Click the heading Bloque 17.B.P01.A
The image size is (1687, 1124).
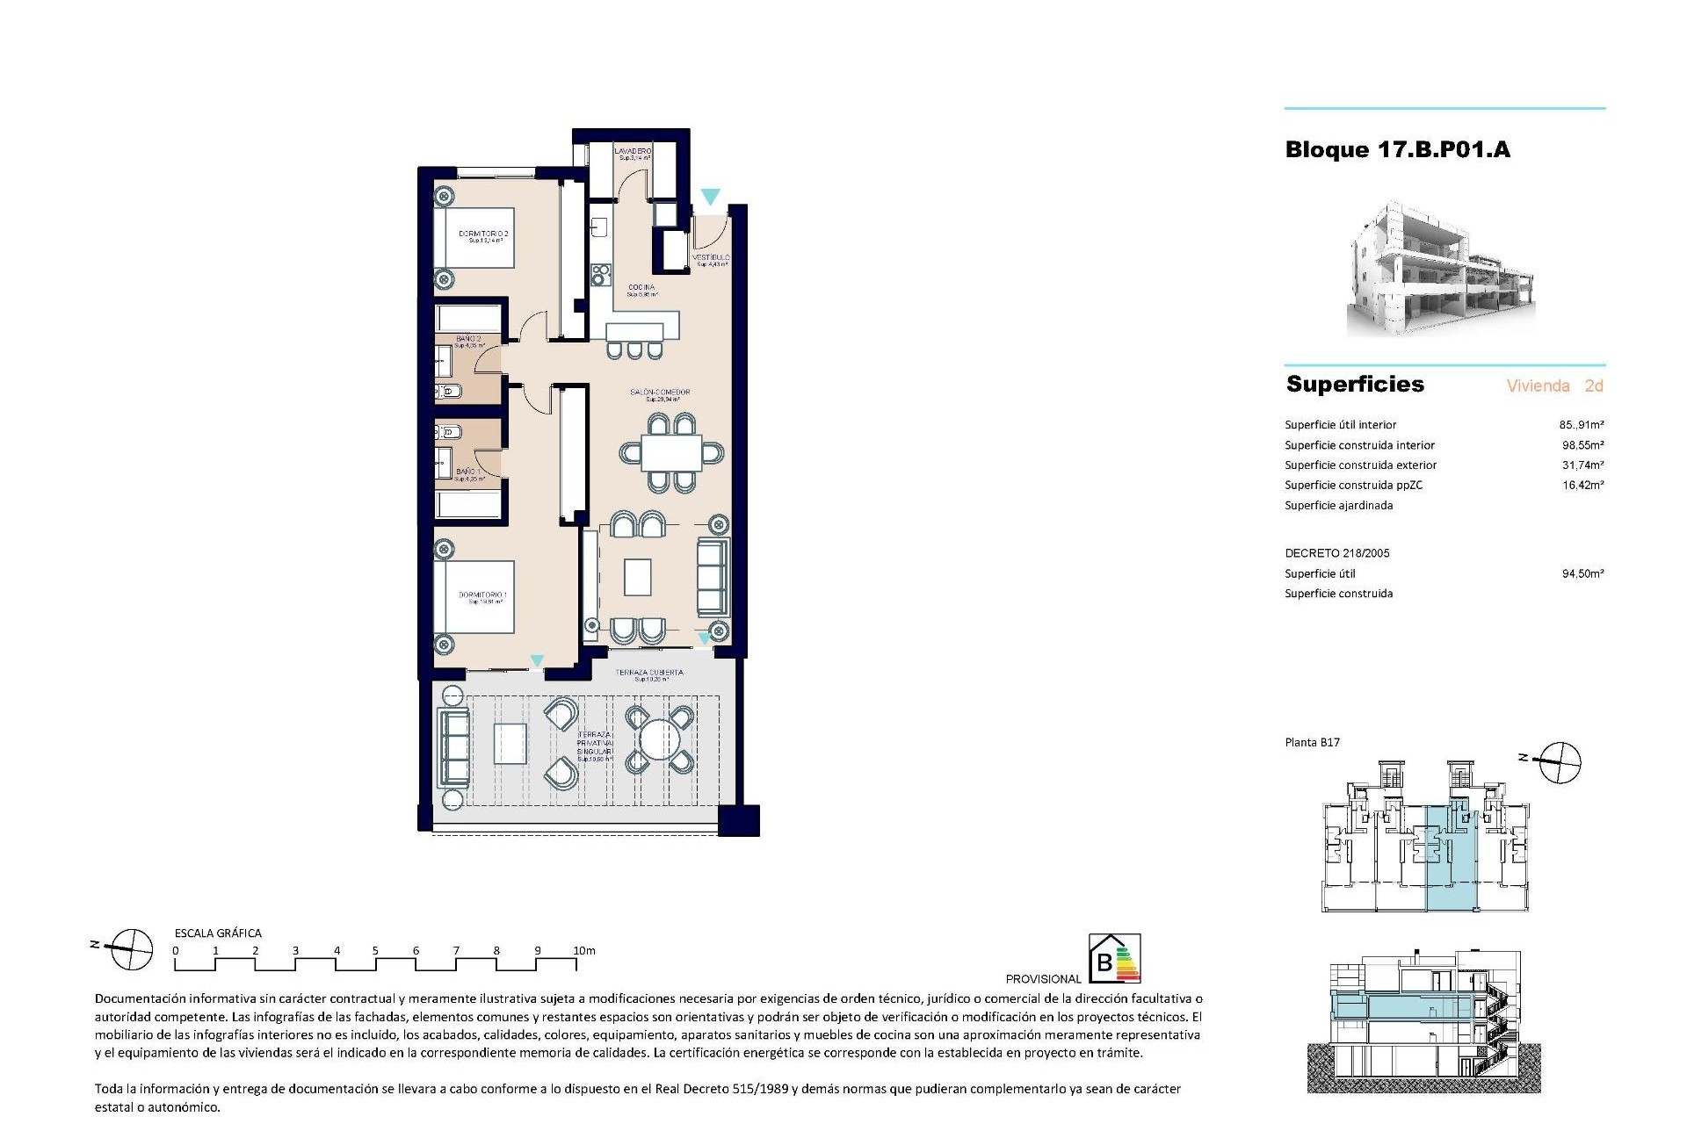point(1397,150)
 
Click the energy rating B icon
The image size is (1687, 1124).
point(1114,958)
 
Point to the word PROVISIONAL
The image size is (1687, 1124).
point(1043,978)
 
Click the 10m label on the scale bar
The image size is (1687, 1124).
point(583,950)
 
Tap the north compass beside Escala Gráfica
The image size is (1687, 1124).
point(128,949)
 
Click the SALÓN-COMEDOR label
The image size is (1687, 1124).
point(660,393)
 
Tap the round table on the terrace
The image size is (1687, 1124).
point(658,740)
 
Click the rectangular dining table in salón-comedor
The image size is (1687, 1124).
point(671,454)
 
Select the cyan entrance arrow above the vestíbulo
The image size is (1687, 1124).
point(710,198)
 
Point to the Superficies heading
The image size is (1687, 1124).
point(1355,385)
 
